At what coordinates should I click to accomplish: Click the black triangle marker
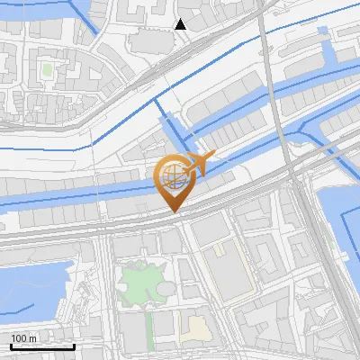[x=180, y=24]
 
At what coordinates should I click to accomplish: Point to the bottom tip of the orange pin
[x=174, y=211]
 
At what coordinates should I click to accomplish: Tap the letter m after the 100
[x=34, y=338]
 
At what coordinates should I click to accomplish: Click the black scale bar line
[x=42, y=346]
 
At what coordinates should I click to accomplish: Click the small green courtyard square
[x=47, y=68]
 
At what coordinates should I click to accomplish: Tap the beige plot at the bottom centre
[x=196, y=328]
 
